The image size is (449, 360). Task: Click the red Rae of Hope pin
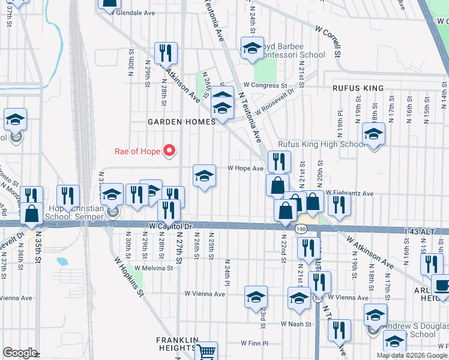pyautogui.click(x=169, y=151)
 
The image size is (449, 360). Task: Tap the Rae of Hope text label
pyautogui.click(x=138, y=151)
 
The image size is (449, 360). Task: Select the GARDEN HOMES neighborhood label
pyautogui.click(x=182, y=122)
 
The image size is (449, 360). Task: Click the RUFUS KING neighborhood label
pyautogui.click(x=358, y=88)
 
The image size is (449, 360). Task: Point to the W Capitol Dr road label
pyautogui.click(x=170, y=226)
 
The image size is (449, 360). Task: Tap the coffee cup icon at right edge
pyautogui.click(x=442, y=286)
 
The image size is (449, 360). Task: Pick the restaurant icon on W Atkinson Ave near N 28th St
pyautogui.click(x=165, y=53)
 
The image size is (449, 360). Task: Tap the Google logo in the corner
pyautogui.click(x=20, y=353)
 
